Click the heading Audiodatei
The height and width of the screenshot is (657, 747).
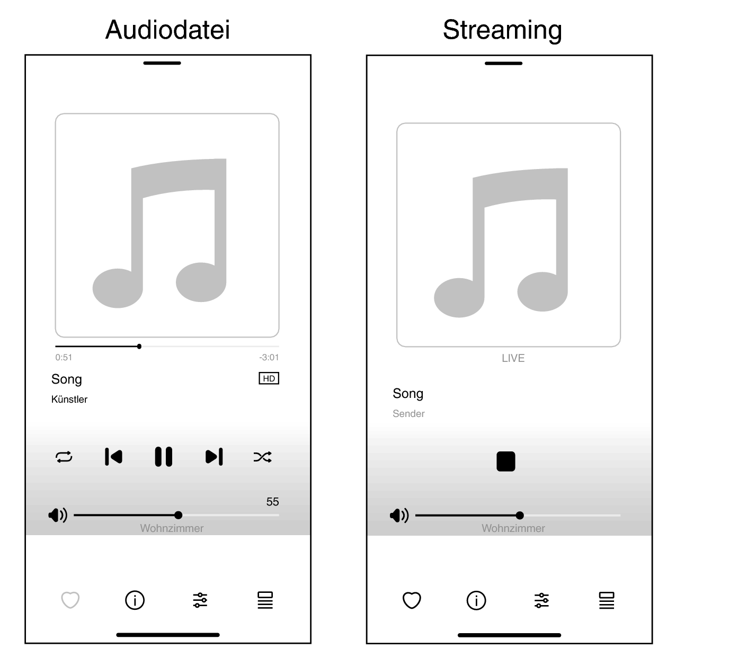[x=167, y=30]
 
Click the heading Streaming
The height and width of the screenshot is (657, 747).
[x=502, y=30]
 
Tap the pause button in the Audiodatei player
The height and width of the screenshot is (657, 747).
[x=163, y=456]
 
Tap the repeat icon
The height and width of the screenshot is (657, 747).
[x=64, y=457]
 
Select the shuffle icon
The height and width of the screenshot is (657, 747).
[x=263, y=457]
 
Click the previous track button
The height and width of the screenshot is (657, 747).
[x=113, y=456]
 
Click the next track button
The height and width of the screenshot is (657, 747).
[x=214, y=456]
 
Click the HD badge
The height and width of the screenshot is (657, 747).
[x=269, y=378]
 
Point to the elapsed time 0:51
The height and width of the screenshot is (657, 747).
[x=64, y=358]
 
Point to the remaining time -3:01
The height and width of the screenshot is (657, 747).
[x=269, y=358]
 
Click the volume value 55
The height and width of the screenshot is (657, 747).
[x=272, y=502]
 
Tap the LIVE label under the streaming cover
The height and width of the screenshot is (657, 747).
[x=513, y=358]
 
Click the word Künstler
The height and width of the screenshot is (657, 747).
[x=69, y=399]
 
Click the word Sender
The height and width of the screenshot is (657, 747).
[x=408, y=414]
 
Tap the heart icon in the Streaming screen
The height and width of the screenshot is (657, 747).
[x=412, y=600]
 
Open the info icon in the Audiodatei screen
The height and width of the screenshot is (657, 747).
[x=135, y=600]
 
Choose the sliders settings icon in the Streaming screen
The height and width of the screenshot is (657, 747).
[x=541, y=600]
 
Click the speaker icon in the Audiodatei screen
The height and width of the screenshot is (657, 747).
[x=58, y=515]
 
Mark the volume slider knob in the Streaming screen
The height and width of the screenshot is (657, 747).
[x=520, y=516]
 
